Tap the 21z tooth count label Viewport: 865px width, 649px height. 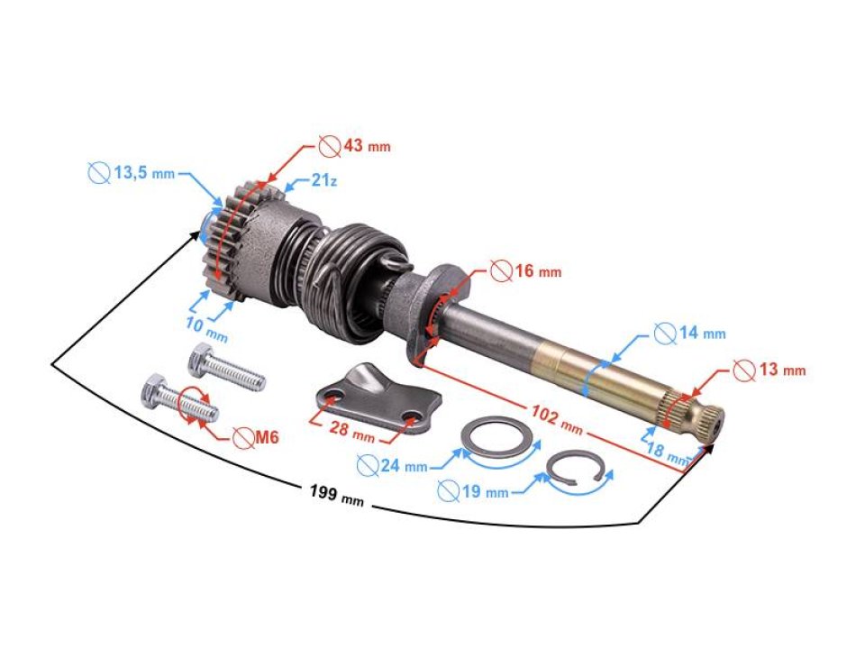324,181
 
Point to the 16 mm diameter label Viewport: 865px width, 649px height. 537,270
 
